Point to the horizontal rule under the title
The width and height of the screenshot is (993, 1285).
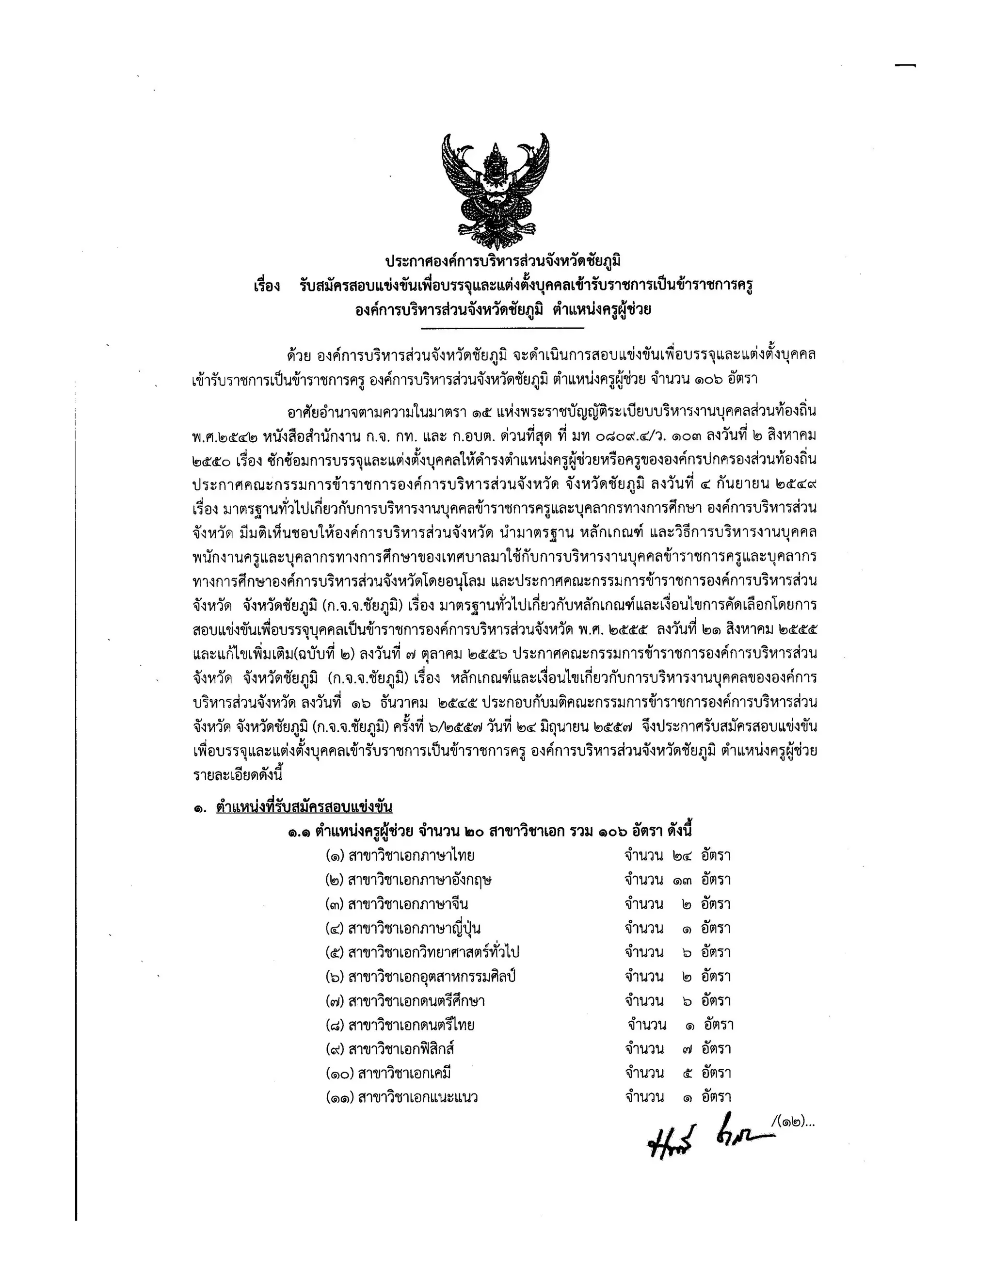(502, 328)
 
